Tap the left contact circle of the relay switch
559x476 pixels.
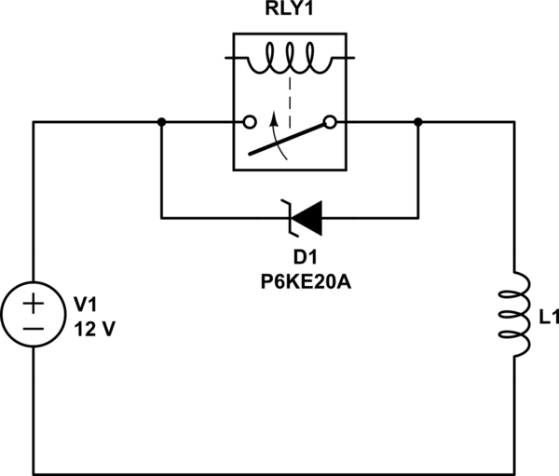pyautogui.click(x=249, y=122)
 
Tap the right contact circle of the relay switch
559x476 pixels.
pyautogui.click(x=329, y=122)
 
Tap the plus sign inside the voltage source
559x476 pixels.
pyautogui.click(x=33, y=303)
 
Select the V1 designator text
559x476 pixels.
pyautogui.click(x=86, y=305)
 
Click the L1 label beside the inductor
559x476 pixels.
pyautogui.click(x=548, y=319)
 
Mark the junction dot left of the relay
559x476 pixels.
pyautogui.click(x=162, y=122)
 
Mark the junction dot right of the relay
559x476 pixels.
pyautogui.click(x=417, y=122)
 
